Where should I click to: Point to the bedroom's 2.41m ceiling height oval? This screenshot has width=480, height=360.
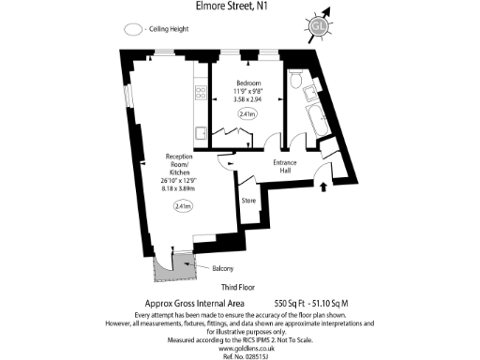coord(247,114)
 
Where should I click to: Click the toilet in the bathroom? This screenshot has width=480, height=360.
coord(297,83)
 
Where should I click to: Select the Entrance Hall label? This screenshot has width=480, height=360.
coord(285,168)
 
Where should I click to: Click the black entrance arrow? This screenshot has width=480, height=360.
coord(324,187)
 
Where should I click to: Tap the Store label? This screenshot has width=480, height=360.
coord(248,201)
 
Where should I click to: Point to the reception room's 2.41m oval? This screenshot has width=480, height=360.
coord(184,206)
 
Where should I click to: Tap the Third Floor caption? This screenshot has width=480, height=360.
coord(239,286)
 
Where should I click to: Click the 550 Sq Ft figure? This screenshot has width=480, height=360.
coord(292,304)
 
